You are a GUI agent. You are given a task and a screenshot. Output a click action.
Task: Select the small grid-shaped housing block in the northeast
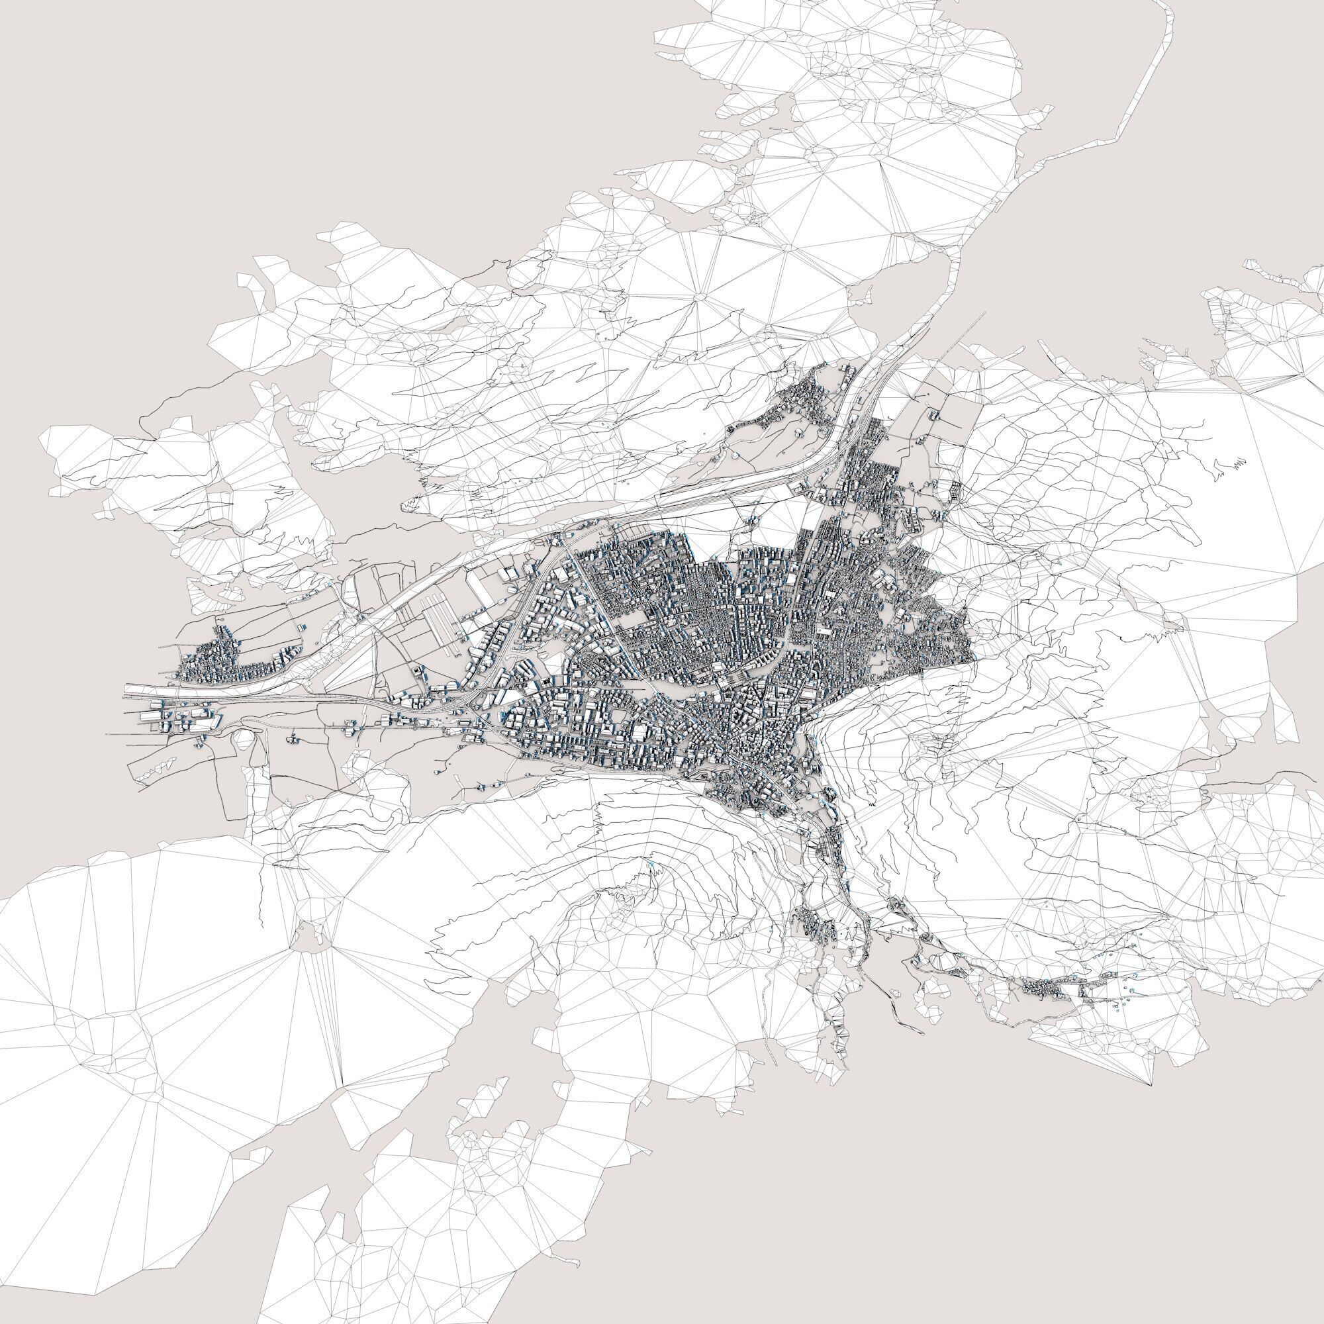pyautogui.click(x=955, y=490)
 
